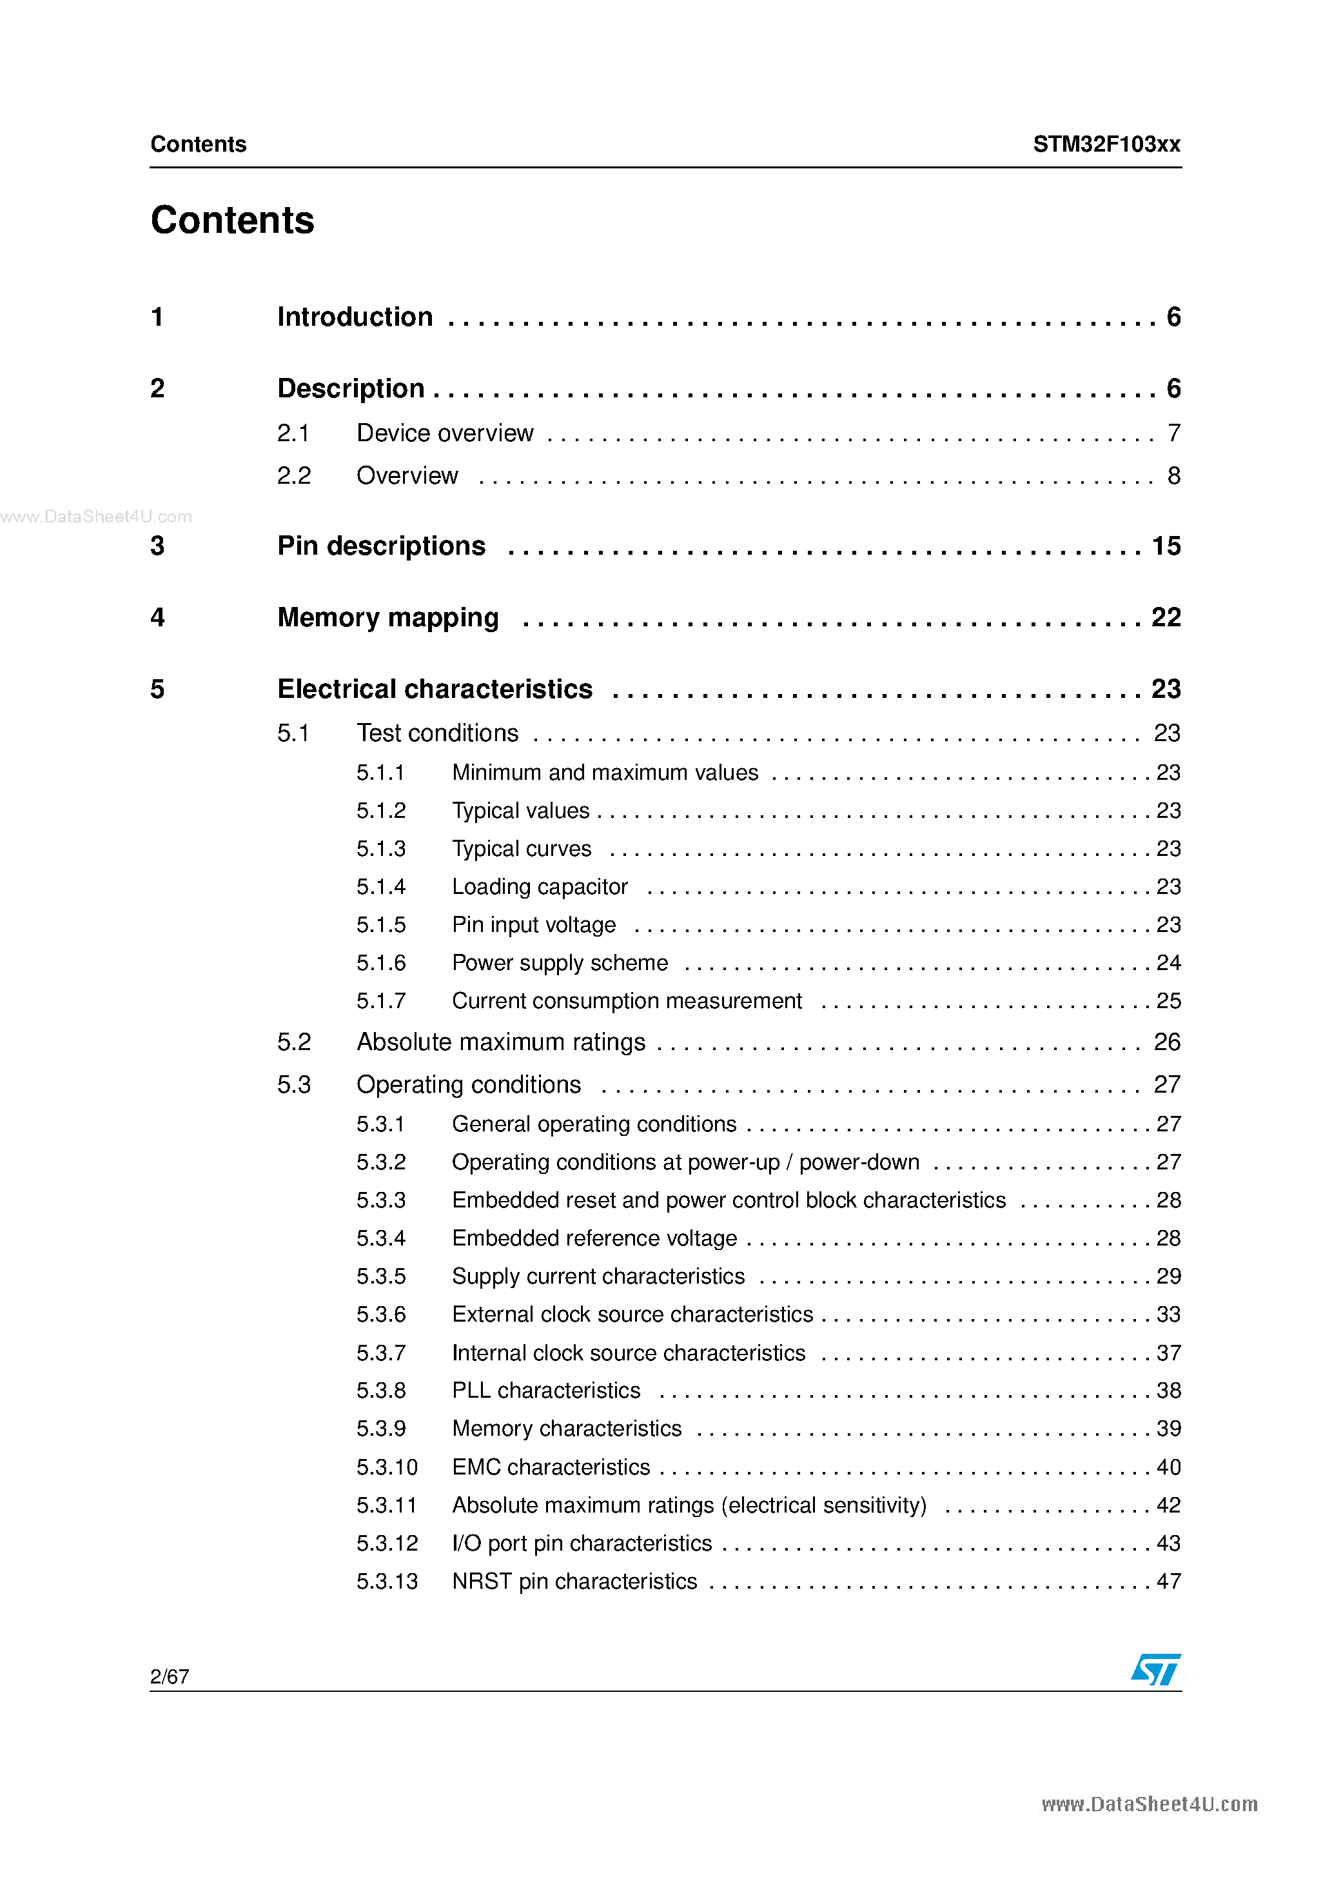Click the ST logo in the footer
click(1155, 1669)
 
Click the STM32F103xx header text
click(1106, 144)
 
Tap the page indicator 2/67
click(170, 1676)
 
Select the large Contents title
click(232, 220)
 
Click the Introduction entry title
click(355, 317)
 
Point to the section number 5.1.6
click(381, 963)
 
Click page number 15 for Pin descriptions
click(1166, 546)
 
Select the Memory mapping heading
click(387, 618)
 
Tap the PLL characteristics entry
click(546, 1391)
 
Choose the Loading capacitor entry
click(540, 887)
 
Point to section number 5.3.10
click(387, 1467)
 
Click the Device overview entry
click(445, 433)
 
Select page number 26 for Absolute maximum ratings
click(1167, 1042)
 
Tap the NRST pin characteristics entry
click(574, 1582)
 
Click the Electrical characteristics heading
click(435, 689)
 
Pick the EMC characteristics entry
click(551, 1467)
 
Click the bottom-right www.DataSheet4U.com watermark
click(1149, 1805)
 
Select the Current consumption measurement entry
click(627, 1001)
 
